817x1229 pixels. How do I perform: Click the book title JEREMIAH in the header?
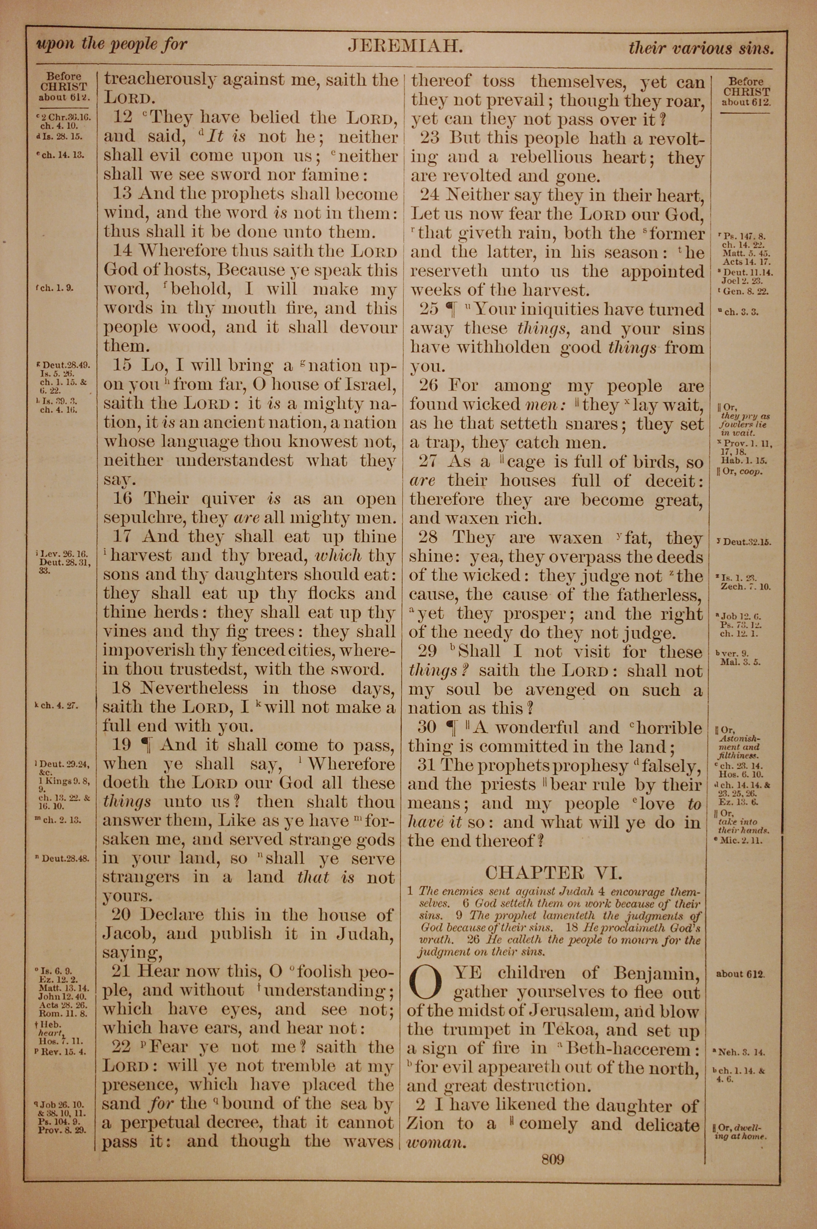405,47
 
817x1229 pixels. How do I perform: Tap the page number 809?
552,1159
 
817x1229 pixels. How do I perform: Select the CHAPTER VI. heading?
554,873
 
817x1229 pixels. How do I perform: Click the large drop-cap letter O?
427,982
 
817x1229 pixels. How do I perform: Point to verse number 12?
123,118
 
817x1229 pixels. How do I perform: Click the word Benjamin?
656,973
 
